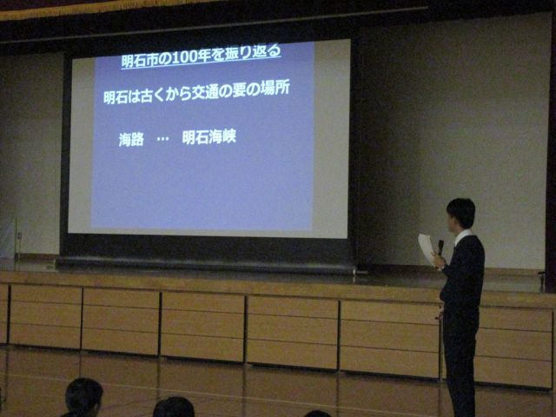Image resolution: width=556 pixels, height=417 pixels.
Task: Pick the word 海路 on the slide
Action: tap(131, 139)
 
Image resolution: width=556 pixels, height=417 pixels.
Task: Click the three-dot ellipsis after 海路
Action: tap(162, 138)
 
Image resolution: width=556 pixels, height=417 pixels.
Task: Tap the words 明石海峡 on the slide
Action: tap(208, 137)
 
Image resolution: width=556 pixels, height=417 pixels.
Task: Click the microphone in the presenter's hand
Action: tap(440, 247)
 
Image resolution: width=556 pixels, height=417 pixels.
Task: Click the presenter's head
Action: tap(460, 214)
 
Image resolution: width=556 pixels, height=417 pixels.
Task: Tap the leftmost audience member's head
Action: tap(83, 396)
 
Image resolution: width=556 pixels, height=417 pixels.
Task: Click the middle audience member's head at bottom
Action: tap(174, 407)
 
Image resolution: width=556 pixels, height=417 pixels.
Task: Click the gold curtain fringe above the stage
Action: tap(106, 8)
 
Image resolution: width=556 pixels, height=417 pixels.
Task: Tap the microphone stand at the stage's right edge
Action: tap(542, 281)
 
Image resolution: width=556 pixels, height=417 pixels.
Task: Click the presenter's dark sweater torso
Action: tap(463, 272)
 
